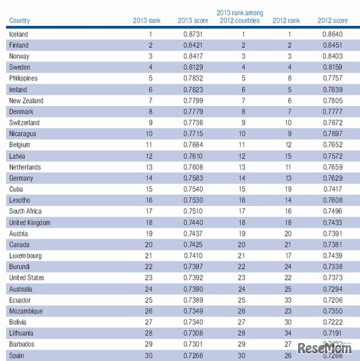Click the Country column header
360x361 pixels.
click(x=19, y=21)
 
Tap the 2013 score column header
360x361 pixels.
click(x=192, y=21)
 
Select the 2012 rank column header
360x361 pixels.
click(x=286, y=21)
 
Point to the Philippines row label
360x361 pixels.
click(x=24, y=79)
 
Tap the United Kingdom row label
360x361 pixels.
click(x=30, y=223)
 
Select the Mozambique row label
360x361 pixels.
click(x=26, y=311)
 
